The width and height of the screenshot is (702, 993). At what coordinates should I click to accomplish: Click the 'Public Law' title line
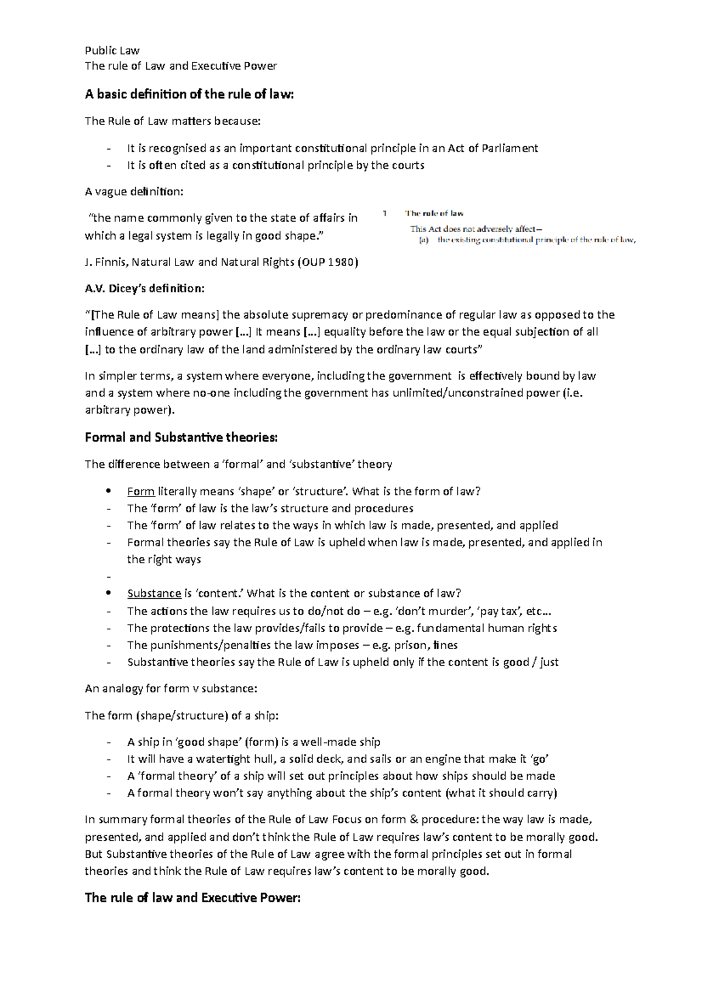[112, 50]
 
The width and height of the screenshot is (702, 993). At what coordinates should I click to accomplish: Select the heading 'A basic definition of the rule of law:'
[188, 94]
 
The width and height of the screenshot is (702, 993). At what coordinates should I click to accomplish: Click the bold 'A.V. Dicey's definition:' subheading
[145, 288]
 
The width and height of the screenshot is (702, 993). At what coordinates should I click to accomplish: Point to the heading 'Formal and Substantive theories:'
[181, 437]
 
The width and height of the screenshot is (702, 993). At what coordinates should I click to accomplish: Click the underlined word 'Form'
[140, 491]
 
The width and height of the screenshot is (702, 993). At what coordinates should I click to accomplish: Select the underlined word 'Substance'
[154, 594]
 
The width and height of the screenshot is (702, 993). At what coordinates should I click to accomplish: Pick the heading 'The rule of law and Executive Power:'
[192, 898]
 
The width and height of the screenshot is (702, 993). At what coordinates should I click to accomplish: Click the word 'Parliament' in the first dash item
[508, 149]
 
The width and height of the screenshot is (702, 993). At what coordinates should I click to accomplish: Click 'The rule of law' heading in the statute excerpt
[434, 214]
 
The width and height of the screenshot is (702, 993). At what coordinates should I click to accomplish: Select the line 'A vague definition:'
[133, 192]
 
